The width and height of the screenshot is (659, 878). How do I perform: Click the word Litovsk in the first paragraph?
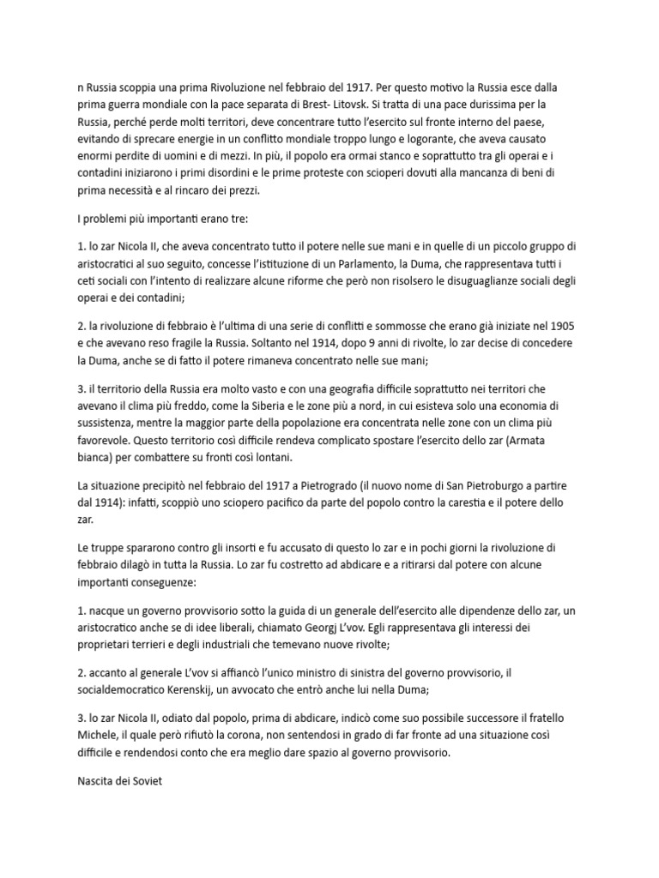(391, 102)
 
